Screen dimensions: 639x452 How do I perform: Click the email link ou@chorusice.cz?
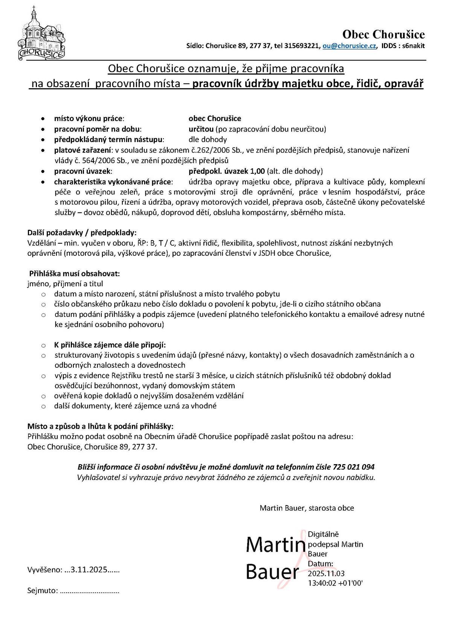pos(350,46)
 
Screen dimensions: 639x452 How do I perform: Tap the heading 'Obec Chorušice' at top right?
pos(383,35)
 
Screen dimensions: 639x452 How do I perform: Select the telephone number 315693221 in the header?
pos(301,46)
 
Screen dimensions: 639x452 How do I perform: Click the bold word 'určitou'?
pos(201,129)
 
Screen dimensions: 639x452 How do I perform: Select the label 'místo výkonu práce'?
pos(89,119)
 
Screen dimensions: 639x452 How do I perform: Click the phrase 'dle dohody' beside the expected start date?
pos(208,139)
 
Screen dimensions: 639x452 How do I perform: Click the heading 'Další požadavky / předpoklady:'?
pos(82,232)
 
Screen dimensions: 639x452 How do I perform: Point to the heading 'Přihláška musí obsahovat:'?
pos(75,273)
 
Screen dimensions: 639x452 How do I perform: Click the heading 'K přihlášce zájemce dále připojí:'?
pos(110,345)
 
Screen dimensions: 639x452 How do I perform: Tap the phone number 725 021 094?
pos(354,467)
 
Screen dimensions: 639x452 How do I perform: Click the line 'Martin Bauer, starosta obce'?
pos(307,508)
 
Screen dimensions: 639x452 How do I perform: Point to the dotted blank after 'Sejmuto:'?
pos(90,591)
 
